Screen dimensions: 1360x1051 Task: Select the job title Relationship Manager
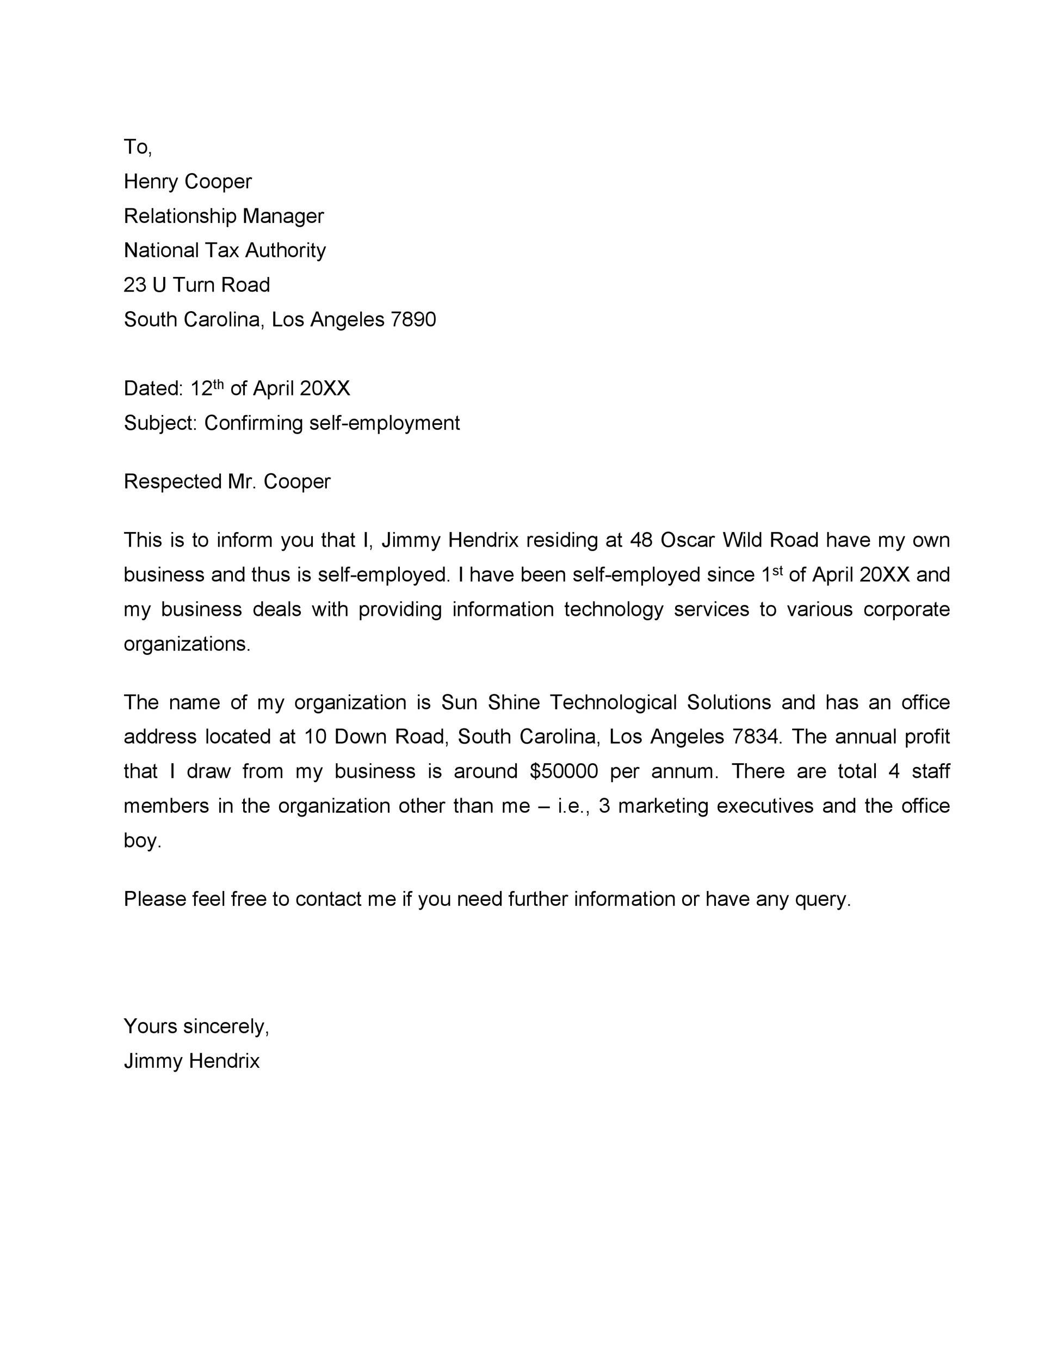(x=224, y=216)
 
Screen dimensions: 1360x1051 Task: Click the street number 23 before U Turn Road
(x=134, y=285)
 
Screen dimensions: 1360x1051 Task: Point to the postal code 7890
(x=413, y=319)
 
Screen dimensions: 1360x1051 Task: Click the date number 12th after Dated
(x=206, y=388)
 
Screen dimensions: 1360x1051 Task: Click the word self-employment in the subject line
(x=384, y=423)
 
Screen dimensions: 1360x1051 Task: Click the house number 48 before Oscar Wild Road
(x=641, y=540)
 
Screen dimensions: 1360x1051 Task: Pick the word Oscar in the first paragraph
(x=687, y=540)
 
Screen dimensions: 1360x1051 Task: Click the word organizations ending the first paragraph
(x=187, y=644)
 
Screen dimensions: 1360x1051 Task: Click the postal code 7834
(x=755, y=737)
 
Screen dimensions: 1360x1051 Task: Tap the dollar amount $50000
(x=564, y=771)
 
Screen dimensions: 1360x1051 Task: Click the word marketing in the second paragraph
(x=663, y=806)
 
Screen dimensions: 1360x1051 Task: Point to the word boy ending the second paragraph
(x=142, y=840)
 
